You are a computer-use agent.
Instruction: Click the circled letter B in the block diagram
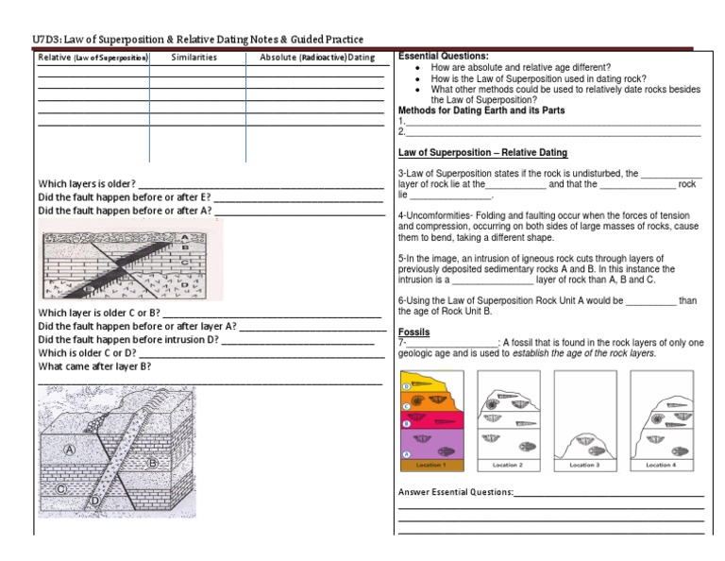pyautogui.click(x=152, y=464)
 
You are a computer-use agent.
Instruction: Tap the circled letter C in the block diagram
pyautogui.click(x=59, y=489)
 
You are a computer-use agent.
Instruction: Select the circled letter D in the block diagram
pyautogui.click(x=94, y=500)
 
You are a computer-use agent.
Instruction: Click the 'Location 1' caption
pyautogui.click(x=430, y=466)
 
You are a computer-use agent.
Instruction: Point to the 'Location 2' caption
pyautogui.click(x=508, y=466)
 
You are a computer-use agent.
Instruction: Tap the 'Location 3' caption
pyautogui.click(x=583, y=466)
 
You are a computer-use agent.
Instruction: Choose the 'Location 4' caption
pyautogui.click(x=660, y=466)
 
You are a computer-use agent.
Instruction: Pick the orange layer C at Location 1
pyautogui.click(x=430, y=403)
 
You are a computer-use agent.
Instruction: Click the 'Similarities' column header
pyautogui.click(x=194, y=58)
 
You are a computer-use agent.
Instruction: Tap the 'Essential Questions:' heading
pyautogui.click(x=443, y=57)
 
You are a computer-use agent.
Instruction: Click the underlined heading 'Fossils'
pyautogui.click(x=413, y=332)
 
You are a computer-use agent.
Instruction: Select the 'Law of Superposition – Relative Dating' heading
pyautogui.click(x=482, y=152)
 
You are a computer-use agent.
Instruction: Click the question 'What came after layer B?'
pyautogui.click(x=94, y=366)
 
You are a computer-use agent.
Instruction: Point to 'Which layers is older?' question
pyautogui.click(x=87, y=183)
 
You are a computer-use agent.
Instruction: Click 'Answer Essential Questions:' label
pyautogui.click(x=456, y=492)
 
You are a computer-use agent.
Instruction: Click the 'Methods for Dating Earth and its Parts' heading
pyautogui.click(x=481, y=110)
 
